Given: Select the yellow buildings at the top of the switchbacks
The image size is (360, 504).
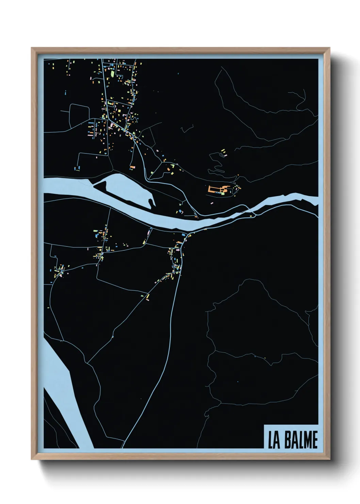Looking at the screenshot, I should coord(224,152).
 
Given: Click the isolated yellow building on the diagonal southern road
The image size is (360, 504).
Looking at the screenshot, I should coord(148,297).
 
